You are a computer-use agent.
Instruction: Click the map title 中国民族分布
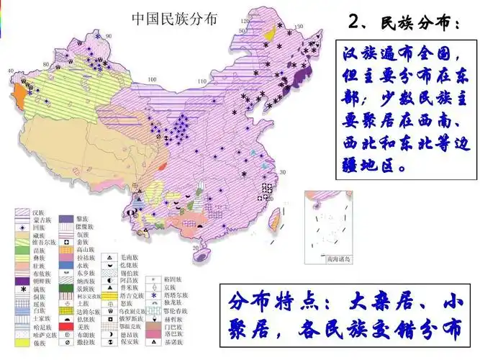[x=173, y=20]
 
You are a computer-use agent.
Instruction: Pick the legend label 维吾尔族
[x=45, y=243]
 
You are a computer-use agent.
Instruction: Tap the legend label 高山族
[x=87, y=249]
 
